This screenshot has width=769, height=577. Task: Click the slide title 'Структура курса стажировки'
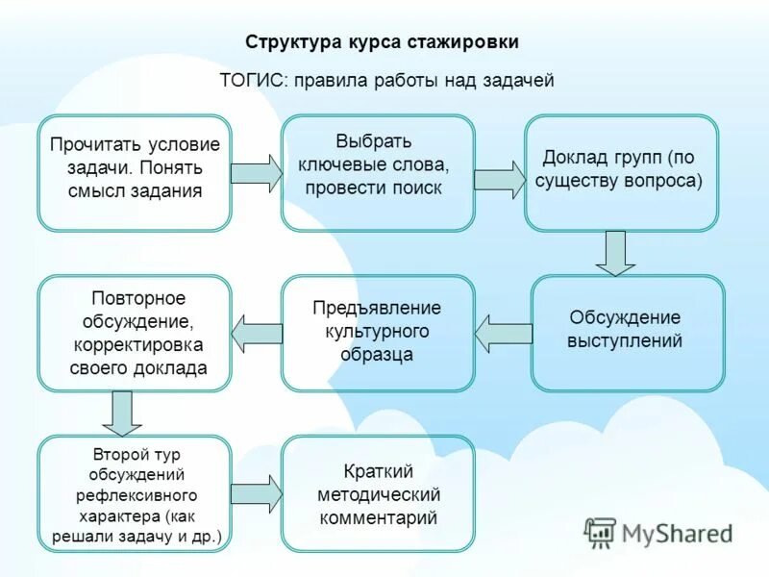pyautogui.click(x=382, y=42)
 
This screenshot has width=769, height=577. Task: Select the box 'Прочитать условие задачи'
pyautogui.click(x=135, y=173)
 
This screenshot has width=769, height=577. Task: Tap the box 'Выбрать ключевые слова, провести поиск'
pyautogui.click(x=378, y=173)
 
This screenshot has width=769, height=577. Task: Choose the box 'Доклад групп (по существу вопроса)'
pyautogui.click(x=621, y=173)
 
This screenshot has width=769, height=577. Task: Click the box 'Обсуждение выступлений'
pyautogui.click(x=628, y=333)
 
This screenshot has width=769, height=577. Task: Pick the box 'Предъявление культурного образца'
pyautogui.click(x=378, y=333)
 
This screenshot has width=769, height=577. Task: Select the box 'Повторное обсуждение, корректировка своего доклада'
pyautogui.click(x=135, y=333)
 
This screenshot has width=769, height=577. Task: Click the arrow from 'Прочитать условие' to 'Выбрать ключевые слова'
pyautogui.click(x=256, y=172)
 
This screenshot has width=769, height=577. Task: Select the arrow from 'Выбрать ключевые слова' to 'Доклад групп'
pyautogui.click(x=499, y=179)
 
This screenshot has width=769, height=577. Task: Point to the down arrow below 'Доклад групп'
pyautogui.click(x=615, y=253)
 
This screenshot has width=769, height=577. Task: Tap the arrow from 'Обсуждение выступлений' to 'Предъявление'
pyautogui.click(x=503, y=334)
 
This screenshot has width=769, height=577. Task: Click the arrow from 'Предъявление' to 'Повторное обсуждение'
pyautogui.click(x=257, y=333)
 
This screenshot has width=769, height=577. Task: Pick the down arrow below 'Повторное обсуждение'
pyautogui.click(x=121, y=413)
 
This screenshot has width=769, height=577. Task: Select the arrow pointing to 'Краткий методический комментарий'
pyautogui.click(x=257, y=493)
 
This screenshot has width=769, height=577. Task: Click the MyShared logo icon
pyautogui.click(x=601, y=532)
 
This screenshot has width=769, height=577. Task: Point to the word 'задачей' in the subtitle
pyautogui.click(x=518, y=81)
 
